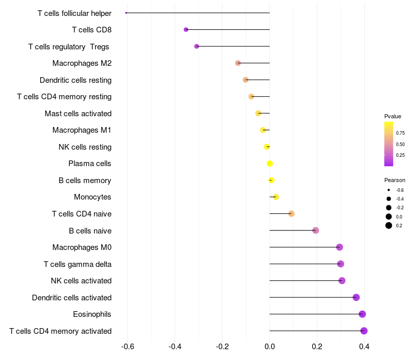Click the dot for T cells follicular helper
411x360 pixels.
click(x=126, y=13)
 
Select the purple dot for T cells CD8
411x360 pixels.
click(x=186, y=30)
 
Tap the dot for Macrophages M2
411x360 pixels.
click(x=238, y=63)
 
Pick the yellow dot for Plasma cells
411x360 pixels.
click(x=270, y=164)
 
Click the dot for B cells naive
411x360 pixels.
click(x=315, y=230)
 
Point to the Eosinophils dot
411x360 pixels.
click(x=362, y=314)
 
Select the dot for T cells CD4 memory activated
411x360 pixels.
click(x=364, y=331)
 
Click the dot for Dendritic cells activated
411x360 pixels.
click(x=356, y=297)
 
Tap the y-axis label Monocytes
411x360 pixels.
click(x=92, y=197)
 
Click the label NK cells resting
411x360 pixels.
click(x=85, y=147)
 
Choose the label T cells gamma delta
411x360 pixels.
click(x=78, y=264)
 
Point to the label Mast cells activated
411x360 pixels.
click(x=78, y=113)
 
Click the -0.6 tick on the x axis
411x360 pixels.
click(x=127, y=346)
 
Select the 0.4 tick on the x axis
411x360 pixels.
click(x=364, y=346)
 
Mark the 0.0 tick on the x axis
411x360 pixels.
click(x=270, y=346)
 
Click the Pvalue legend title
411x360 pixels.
click(x=393, y=116)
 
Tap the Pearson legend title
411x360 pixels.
click(x=395, y=180)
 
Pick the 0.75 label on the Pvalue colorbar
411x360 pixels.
click(x=400, y=133)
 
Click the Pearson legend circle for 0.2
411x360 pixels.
click(x=389, y=225)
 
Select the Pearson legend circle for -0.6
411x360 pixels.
click(x=389, y=190)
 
